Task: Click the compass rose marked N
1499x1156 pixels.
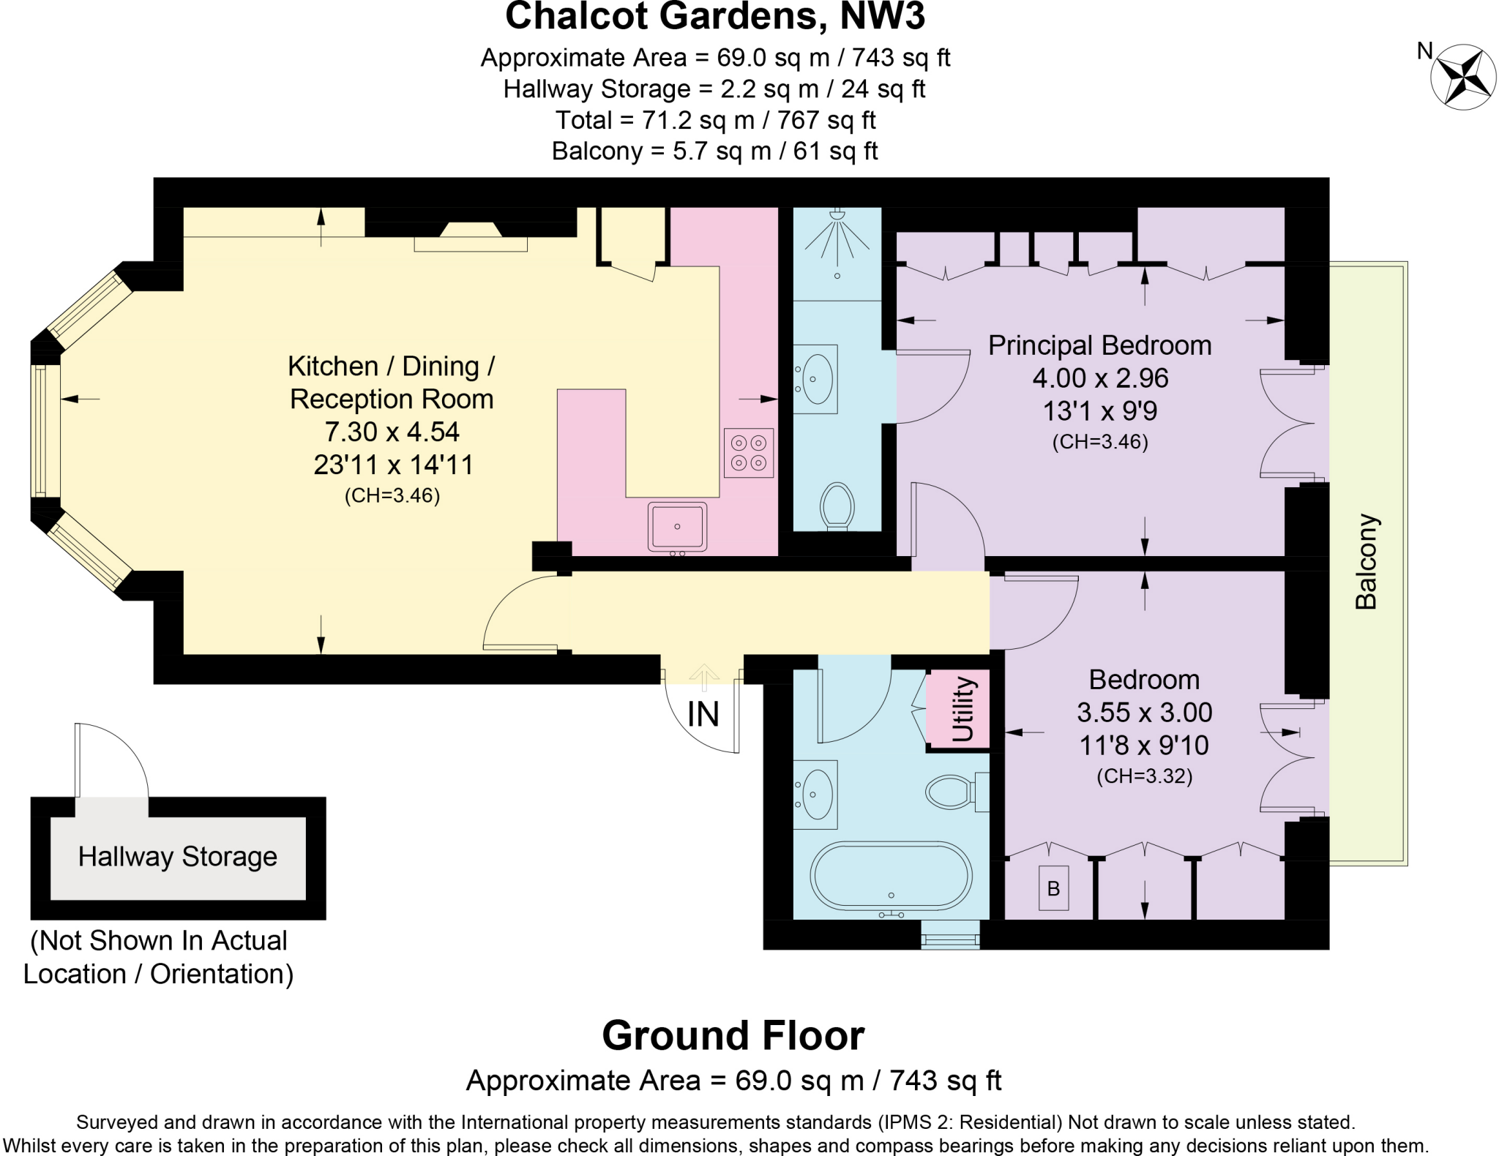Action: click(1463, 77)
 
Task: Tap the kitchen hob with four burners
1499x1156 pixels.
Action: click(749, 453)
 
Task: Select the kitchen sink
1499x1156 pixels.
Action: click(677, 526)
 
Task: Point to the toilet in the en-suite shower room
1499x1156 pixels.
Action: click(837, 505)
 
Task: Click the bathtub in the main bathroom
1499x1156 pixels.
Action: click(891, 876)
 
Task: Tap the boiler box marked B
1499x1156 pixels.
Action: click(1053, 888)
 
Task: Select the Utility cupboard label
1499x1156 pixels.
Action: click(962, 709)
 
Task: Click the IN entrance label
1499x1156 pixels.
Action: click(703, 714)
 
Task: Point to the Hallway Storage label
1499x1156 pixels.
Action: click(178, 856)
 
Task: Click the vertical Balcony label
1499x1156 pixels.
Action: click(1366, 562)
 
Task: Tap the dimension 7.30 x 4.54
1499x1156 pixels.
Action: click(392, 432)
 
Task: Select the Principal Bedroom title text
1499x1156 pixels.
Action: click(1099, 345)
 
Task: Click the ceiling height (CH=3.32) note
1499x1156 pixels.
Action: click(1144, 776)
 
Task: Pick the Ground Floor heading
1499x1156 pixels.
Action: click(733, 1035)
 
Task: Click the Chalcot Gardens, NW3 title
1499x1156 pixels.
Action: click(714, 16)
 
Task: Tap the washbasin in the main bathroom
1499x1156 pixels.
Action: click(817, 795)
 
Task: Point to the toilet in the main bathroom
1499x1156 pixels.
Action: click(952, 792)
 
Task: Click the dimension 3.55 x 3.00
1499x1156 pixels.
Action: click(1144, 712)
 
